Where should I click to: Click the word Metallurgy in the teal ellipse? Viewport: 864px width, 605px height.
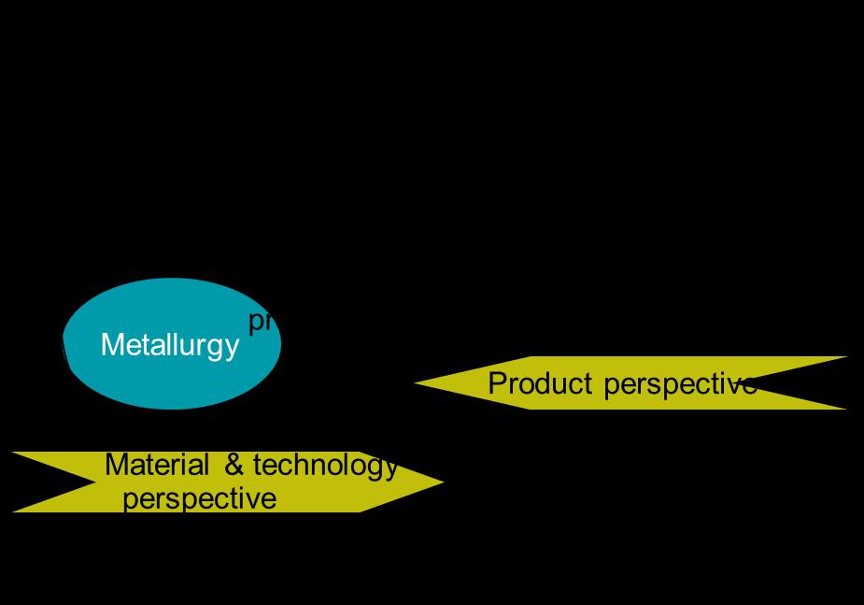click(169, 345)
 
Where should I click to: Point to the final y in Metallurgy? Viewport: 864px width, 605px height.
click(233, 348)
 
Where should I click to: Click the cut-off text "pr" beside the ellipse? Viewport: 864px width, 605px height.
click(260, 322)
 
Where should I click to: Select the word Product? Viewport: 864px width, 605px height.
click(540, 383)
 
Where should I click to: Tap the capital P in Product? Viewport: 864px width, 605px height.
click(497, 383)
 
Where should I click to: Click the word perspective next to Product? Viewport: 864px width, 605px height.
click(679, 384)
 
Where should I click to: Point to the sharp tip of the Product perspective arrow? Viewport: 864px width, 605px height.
click(418, 382)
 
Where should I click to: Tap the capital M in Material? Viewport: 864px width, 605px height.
click(115, 465)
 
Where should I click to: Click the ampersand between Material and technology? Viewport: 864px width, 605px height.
click(234, 465)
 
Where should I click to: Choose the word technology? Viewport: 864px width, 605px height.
click(325, 466)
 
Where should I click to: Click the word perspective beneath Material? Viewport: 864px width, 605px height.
click(199, 498)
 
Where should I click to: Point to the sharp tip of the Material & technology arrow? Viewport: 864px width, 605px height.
click(440, 483)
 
